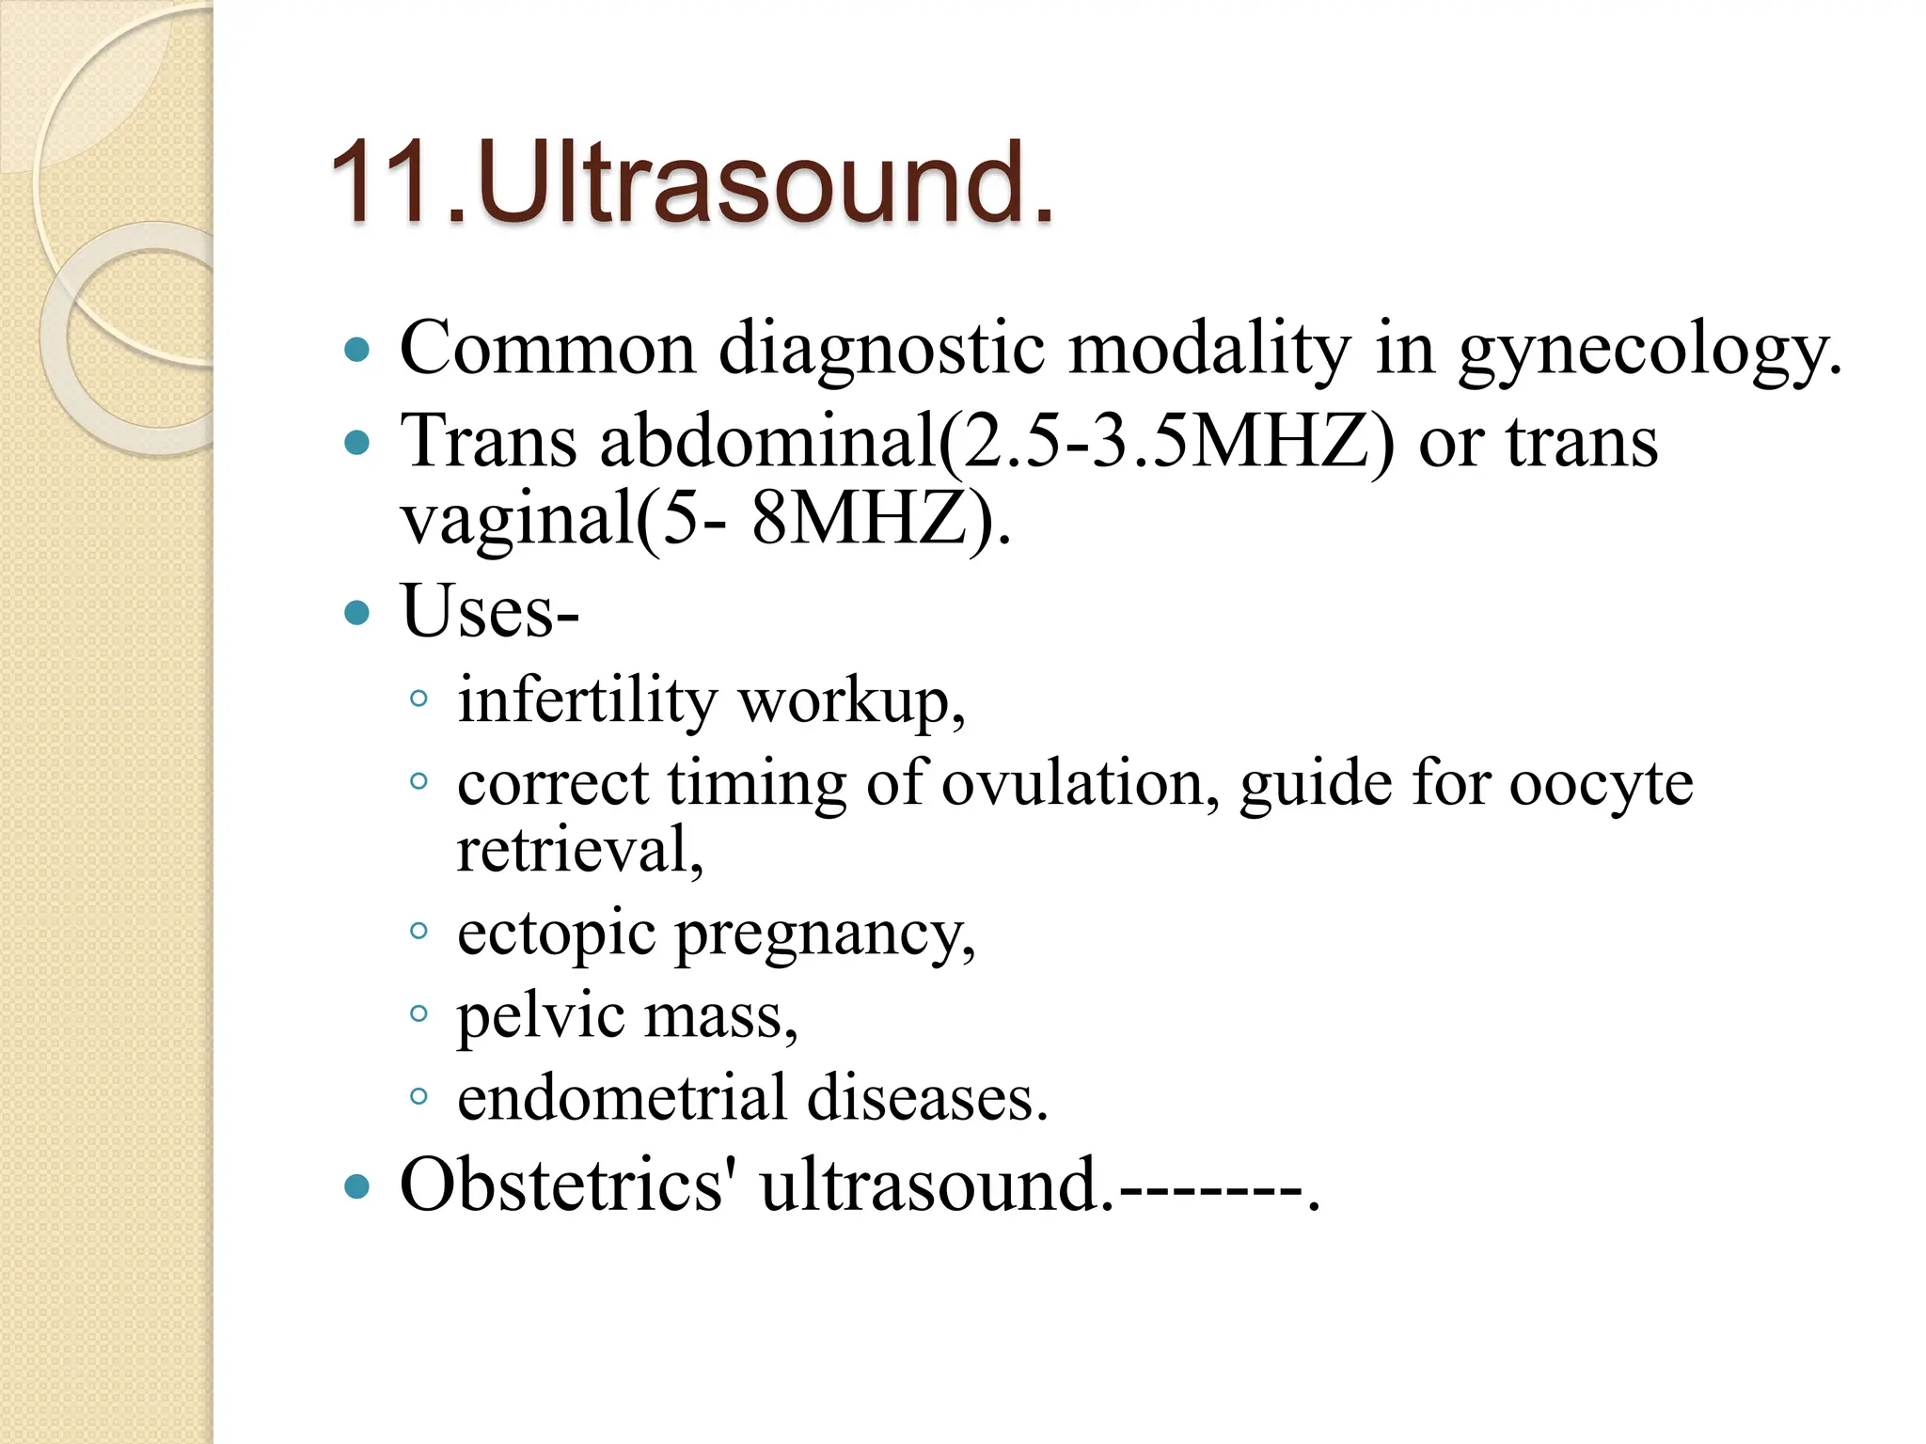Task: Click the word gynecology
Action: [1650, 349]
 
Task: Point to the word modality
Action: [1209, 349]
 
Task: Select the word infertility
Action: [587, 700]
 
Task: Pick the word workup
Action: [851, 700]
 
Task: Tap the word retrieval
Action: [579, 849]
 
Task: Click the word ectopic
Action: [556, 933]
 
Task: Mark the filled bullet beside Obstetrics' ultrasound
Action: [357, 1186]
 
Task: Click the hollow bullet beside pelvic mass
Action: [419, 1013]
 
